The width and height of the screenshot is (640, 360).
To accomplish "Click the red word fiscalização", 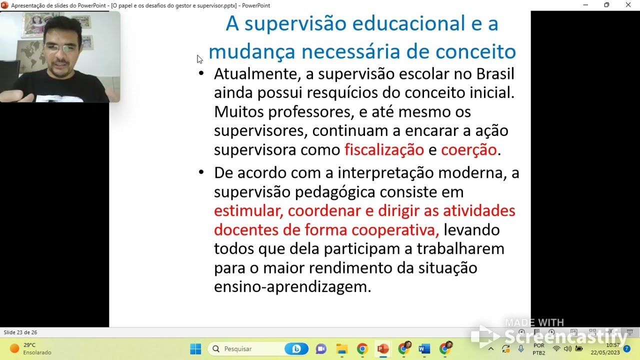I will click(x=384, y=149).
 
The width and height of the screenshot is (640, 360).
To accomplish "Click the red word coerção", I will click(x=468, y=149).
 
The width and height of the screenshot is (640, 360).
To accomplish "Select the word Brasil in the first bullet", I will click(x=495, y=74).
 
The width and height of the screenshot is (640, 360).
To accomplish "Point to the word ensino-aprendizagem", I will click(x=292, y=286).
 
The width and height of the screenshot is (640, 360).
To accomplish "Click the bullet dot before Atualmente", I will click(x=201, y=73).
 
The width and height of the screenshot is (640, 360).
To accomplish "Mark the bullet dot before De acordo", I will click(x=201, y=172).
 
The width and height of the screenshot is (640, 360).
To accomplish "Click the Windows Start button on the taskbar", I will click(x=195, y=348).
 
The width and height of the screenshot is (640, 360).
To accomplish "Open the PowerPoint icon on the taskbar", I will click(x=383, y=348).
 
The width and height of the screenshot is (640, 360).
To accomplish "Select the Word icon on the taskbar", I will click(x=424, y=348).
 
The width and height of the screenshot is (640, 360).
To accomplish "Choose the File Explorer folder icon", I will click(x=342, y=348).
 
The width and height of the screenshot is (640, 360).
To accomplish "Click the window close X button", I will click(x=628, y=5).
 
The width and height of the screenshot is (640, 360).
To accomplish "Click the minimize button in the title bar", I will click(x=585, y=5).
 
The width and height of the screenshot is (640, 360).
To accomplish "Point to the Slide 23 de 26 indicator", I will click(x=20, y=332).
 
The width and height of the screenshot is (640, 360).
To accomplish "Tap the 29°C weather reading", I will click(x=29, y=345).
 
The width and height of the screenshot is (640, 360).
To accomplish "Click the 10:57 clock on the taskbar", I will click(x=612, y=345).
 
